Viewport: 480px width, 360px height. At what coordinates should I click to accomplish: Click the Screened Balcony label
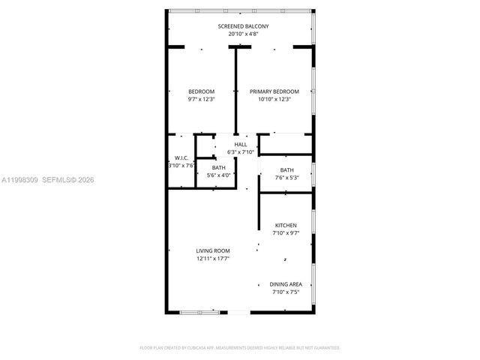pyautogui.click(x=243, y=26)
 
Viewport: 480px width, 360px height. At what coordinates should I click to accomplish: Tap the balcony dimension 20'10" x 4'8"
pyautogui.click(x=243, y=34)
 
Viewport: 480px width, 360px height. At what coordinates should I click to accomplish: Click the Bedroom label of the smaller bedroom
pyautogui.click(x=201, y=91)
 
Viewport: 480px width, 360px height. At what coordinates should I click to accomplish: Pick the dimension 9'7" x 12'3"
pyautogui.click(x=201, y=99)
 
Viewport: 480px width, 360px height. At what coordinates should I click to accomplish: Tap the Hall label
pyautogui.click(x=240, y=144)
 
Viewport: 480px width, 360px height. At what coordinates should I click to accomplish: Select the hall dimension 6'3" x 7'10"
pyautogui.click(x=240, y=151)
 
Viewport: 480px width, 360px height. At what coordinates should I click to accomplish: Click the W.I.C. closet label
pyautogui.click(x=181, y=157)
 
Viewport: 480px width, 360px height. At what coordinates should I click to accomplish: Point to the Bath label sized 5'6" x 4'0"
pyautogui.click(x=218, y=167)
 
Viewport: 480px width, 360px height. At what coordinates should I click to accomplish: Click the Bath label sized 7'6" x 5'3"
pyautogui.click(x=286, y=170)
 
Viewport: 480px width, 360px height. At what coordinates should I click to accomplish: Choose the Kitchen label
pyautogui.click(x=286, y=225)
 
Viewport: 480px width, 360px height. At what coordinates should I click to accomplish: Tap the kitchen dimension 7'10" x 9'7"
pyautogui.click(x=286, y=232)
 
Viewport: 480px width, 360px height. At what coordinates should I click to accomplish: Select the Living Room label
pyautogui.click(x=213, y=250)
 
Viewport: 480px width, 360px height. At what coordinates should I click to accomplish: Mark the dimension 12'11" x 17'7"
pyautogui.click(x=213, y=258)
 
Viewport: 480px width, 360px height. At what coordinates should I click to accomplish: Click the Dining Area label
pyautogui.click(x=286, y=284)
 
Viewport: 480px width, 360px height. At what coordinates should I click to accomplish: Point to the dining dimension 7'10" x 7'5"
pyautogui.click(x=286, y=292)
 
